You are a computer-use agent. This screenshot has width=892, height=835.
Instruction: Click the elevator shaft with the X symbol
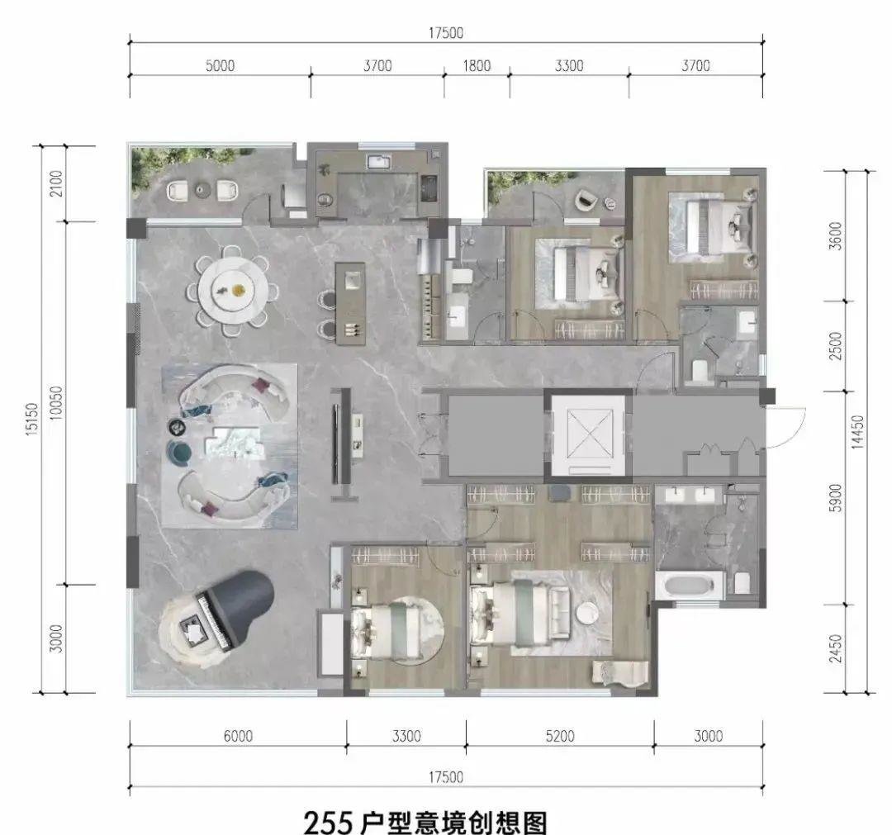coord(589,433)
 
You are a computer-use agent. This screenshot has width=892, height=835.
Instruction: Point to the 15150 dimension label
coord(32,420)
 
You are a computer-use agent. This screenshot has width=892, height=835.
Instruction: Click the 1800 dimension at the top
coord(477,66)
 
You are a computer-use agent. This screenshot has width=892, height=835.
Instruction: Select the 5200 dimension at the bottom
coord(560,736)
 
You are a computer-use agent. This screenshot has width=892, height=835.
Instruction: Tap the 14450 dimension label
coord(857,432)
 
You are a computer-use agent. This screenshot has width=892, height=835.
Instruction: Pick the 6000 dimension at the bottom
coord(238,736)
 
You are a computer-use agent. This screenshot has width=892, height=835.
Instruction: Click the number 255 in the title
coord(328,822)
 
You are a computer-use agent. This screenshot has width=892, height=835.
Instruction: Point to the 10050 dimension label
coord(56,403)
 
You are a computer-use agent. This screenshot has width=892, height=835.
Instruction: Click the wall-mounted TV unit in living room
coord(342,437)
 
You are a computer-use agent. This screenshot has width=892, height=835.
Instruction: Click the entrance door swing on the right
coord(785,428)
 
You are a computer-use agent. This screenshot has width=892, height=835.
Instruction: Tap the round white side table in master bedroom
coord(586,614)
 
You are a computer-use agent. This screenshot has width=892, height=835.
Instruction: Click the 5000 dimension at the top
coord(220,66)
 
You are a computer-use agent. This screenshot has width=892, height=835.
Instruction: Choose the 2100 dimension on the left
coord(56,183)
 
